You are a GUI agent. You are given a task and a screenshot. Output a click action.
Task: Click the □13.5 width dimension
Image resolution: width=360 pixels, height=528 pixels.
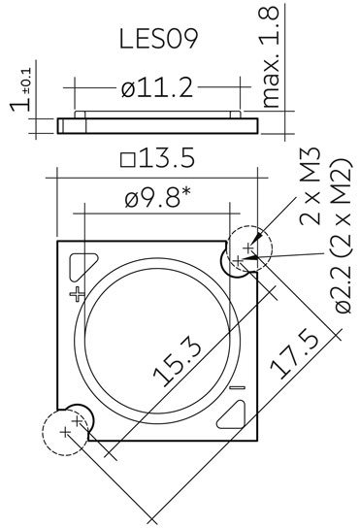[x=158, y=158]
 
